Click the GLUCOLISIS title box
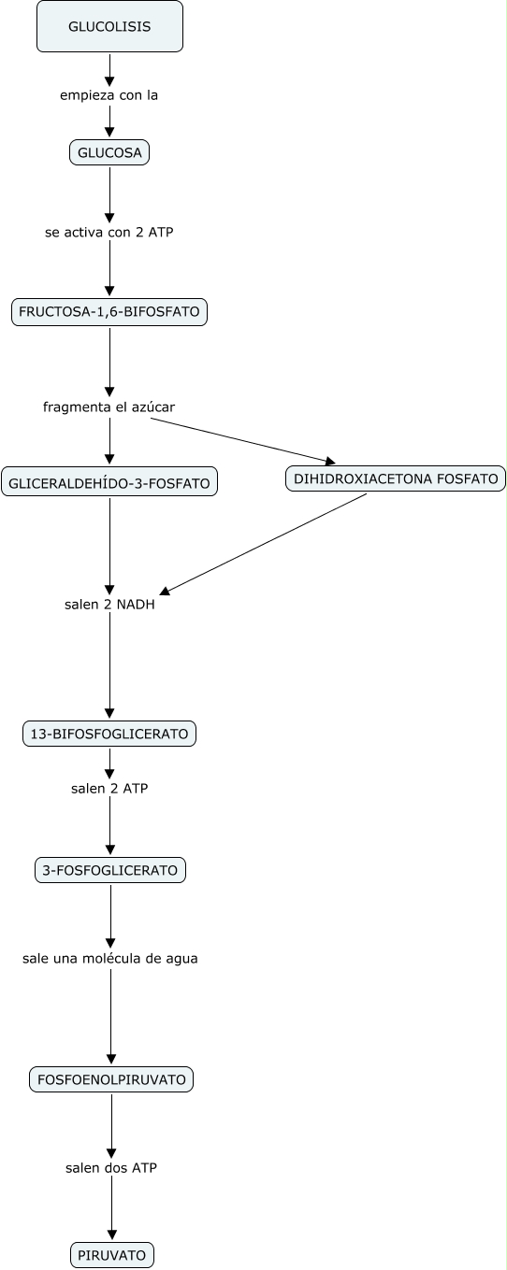109,27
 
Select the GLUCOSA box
109,152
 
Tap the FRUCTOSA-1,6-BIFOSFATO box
109,311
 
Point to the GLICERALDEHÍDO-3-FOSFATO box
109,483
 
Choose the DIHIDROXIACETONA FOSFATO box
396,478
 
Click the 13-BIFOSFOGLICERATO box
109,734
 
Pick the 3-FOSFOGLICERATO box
110,870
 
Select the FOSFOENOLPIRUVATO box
111,1079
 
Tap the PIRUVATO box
112,1256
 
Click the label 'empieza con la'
109,95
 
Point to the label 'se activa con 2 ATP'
109,233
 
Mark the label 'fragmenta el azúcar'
109,407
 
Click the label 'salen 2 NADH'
109,605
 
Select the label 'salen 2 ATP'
109,789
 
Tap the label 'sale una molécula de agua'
110,959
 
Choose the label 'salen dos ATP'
111,1168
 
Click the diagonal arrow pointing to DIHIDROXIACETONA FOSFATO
243,440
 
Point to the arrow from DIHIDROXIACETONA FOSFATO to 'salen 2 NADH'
263,544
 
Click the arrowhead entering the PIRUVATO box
112,1234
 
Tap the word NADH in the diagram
136,605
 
